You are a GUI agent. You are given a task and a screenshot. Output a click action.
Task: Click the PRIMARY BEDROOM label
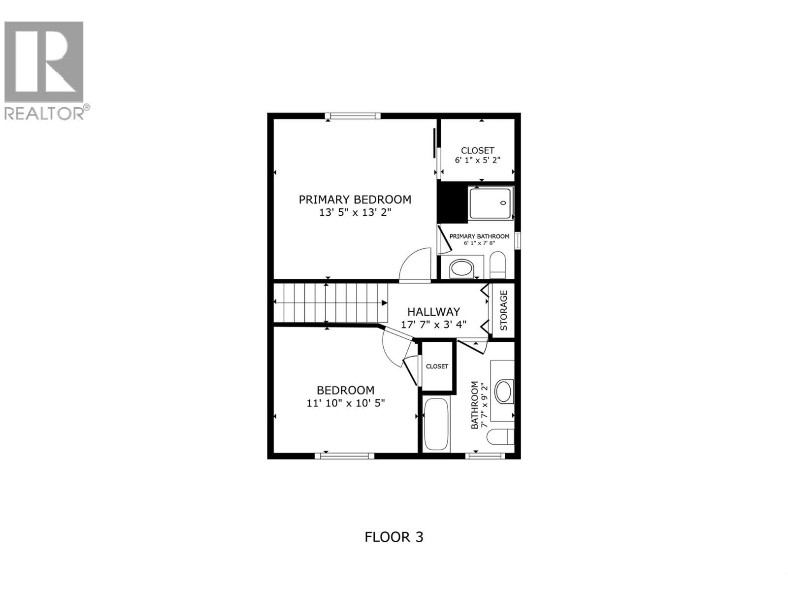pyautogui.click(x=355, y=199)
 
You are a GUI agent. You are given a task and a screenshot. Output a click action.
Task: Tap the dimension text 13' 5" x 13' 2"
pyautogui.click(x=355, y=213)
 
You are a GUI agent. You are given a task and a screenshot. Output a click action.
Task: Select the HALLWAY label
pyautogui.click(x=433, y=312)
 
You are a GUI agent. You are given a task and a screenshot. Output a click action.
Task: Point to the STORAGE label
pyautogui.click(x=504, y=310)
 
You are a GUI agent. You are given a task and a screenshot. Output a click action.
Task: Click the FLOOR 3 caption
pyautogui.click(x=394, y=537)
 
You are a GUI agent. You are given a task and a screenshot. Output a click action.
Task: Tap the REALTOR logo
pyautogui.click(x=46, y=69)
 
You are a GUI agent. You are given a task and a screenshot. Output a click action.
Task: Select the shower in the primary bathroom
pyautogui.click(x=491, y=202)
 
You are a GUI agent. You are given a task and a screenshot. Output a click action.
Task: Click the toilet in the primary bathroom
pyautogui.click(x=498, y=265)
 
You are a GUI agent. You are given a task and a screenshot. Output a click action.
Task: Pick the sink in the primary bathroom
pyautogui.click(x=461, y=269)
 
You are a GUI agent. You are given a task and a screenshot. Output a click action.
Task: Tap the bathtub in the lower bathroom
pyautogui.click(x=436, y=425)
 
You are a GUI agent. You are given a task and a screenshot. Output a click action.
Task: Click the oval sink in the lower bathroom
pyautogui.click(x=503, y=392)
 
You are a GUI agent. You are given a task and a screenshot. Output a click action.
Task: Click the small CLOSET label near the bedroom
pyautogui.click(x=437, y=366)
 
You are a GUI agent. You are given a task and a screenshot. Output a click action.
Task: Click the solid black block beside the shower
pyautogui.click(x=452, y=202)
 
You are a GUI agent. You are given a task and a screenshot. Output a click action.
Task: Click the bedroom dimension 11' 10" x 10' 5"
pyautogui.click(x=345, y=403)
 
